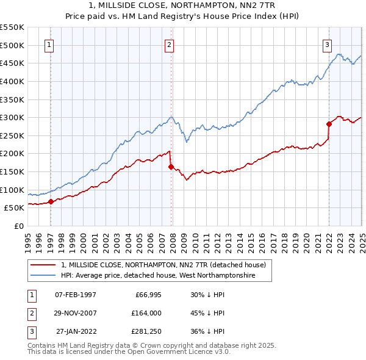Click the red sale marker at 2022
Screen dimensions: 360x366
click(329, 124)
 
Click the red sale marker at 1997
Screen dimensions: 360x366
click(51, 202)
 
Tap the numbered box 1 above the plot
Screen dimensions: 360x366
click(48, 44)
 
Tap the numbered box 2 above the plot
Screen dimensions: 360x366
click(169, 44)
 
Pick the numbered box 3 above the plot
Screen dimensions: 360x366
click(328, 44)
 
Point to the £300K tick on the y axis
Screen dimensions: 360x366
click(12, 117)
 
